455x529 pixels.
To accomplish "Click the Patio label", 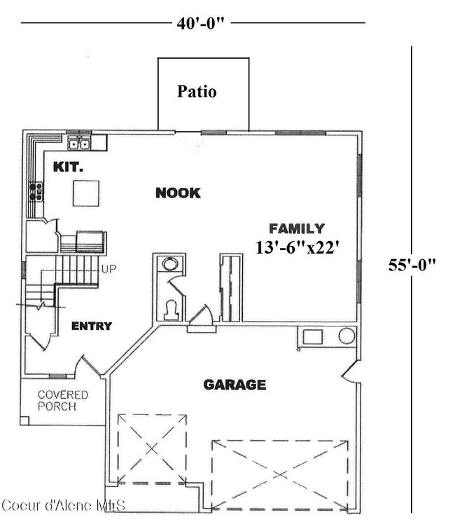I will pyautogui.click(x=197, y=91).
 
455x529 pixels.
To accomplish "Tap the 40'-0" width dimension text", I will pyautogui.click(x=200, y=23).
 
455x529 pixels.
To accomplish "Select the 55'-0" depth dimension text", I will pyautogui.click(x=412, y=264).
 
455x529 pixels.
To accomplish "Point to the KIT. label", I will pyautogui.click(x=68, y=167).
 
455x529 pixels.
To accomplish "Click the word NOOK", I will pyautogui.click(x=178, y=193).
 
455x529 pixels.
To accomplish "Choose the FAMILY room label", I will pyautogui.click(x=297, y=228).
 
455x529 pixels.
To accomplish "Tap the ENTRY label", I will pyautogui.click(x=91, y=326).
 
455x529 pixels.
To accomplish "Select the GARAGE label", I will pyautogui.click(x=234, y=385).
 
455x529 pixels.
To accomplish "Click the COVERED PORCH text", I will pyautogui.click(x=62, y=400).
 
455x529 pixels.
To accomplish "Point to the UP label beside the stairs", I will pyautogui.click(x=109, y=268).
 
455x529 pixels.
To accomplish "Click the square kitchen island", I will pyautogui.click(x=86, y=193).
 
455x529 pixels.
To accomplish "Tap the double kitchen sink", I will pyautogui.click(x=78, y=144).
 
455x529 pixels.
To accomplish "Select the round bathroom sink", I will pyautogui.click(x=170, y=264).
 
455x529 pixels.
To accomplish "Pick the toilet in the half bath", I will pyautogui.click(x=170, y=310).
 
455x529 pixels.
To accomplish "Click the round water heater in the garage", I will pyautogui.click(x=346, y=336).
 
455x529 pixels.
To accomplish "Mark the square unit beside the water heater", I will pyautogui.click(x=312, y=337).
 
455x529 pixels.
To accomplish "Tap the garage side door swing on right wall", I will pyautogui.click(x=351, y=375).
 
